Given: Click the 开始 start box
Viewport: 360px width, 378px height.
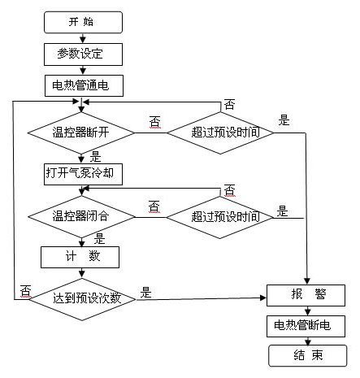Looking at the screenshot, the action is [83, 22].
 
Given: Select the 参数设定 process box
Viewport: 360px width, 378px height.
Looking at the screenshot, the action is [83, 54].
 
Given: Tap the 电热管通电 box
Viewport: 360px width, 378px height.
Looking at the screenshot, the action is [84, 85].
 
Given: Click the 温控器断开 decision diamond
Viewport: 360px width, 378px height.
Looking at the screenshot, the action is [81, 133].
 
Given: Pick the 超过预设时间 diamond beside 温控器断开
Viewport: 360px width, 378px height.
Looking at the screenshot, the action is [220, 133].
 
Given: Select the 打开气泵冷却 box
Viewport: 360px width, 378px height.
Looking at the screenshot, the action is [83, 174].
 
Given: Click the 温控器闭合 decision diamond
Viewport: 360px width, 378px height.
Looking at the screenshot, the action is [81, 217].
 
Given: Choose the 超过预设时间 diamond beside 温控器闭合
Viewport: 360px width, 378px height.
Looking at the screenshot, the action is [219, 217].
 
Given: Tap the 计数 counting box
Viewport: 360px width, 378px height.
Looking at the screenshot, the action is [80, 257].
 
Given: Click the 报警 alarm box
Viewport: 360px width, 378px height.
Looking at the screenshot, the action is [306, 295].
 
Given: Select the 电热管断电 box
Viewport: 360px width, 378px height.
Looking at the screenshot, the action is [306, 326].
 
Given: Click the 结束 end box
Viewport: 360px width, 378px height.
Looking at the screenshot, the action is [308, 355].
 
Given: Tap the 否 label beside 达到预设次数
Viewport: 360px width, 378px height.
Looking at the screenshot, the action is [26, 291].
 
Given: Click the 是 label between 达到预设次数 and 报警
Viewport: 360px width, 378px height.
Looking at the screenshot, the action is [145, 293].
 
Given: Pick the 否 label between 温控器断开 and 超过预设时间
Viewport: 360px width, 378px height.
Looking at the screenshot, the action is [154, 122].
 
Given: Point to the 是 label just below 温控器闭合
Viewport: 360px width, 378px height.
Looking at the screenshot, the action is [99, 239].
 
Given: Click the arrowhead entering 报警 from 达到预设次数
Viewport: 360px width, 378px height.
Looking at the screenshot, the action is [263, 298].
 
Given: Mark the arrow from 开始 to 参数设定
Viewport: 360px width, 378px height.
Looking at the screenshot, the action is [83, 38].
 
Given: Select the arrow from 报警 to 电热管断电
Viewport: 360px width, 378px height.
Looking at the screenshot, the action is [307, 311].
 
